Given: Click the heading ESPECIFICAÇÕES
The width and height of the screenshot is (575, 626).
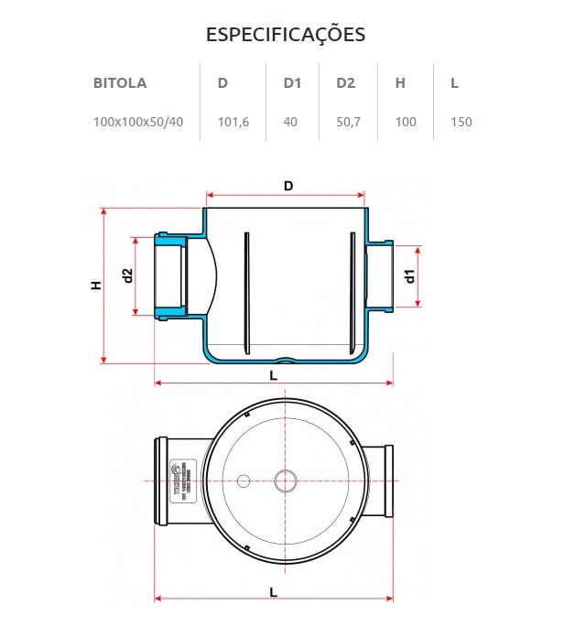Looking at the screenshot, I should pos(286,35).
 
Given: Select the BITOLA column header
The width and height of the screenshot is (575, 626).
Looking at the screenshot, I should pos(119,83).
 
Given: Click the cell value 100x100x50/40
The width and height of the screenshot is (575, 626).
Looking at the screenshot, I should pos(137,122).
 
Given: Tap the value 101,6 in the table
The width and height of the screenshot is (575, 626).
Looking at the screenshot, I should pos(233,122).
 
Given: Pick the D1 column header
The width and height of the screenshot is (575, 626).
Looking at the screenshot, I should pos(292,83).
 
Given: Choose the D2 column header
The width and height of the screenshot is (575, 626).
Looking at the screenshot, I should pos(345,83).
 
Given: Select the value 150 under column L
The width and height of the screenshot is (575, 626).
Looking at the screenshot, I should pos(461,122).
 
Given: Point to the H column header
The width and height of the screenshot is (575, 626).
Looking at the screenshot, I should pos(400,83).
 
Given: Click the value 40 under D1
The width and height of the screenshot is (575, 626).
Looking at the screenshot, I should pos(290,122).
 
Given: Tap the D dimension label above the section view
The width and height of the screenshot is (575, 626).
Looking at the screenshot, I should pos(287,187).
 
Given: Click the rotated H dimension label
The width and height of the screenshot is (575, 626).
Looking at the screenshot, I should pos(96,286).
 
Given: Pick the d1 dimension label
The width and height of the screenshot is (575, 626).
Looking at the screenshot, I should pos(411,275).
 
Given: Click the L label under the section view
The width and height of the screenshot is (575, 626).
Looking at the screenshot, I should pos(273,375).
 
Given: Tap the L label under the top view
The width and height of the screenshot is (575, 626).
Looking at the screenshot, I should pos(273,591).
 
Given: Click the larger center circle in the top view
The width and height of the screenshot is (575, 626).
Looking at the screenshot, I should pos(286,480).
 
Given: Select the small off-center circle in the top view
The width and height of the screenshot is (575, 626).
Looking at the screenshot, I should pos(244,480).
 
